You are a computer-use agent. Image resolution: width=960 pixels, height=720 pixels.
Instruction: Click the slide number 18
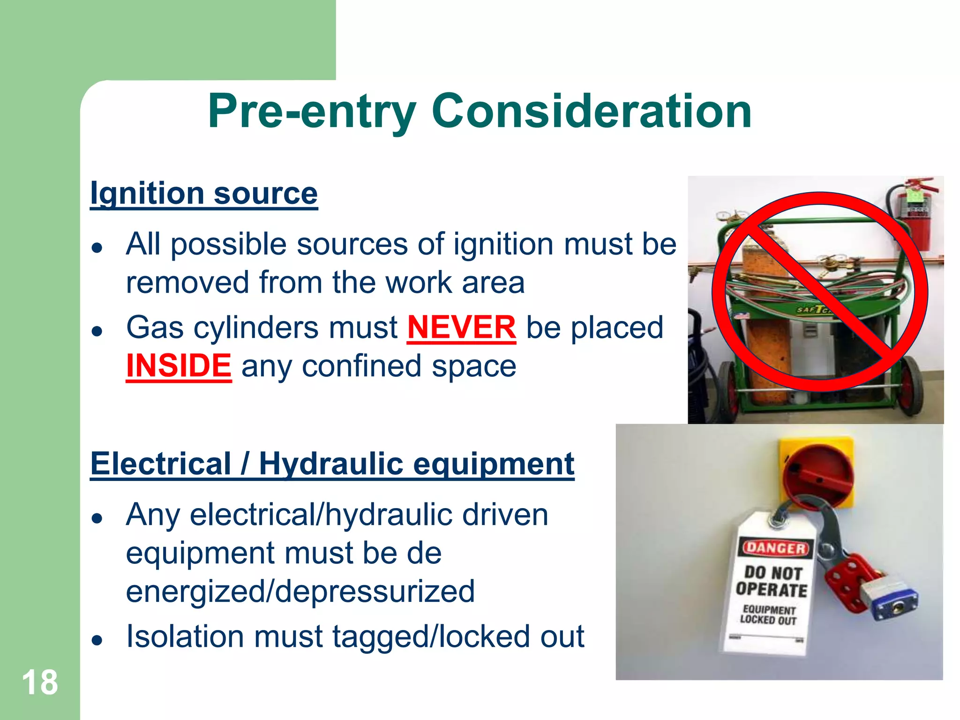pos(40,682)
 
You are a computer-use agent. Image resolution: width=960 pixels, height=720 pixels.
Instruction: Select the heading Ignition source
pos(204,193)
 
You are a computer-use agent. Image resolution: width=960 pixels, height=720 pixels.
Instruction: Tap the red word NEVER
pos(462,327)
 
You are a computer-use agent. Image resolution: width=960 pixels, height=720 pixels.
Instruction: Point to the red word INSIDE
pos(179,366)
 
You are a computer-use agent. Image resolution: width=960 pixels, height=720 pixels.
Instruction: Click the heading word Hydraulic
pos(330,464)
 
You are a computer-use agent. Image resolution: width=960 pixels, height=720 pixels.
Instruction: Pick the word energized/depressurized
pos(300,591)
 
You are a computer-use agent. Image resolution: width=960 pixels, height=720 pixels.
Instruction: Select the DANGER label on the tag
pos(776,547)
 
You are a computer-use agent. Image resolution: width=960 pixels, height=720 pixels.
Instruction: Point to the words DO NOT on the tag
pos(773,573)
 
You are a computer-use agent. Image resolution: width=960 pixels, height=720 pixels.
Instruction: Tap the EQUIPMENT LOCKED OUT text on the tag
pos(769,615)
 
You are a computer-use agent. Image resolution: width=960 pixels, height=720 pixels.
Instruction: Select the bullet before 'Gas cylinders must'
pos(97,330)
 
